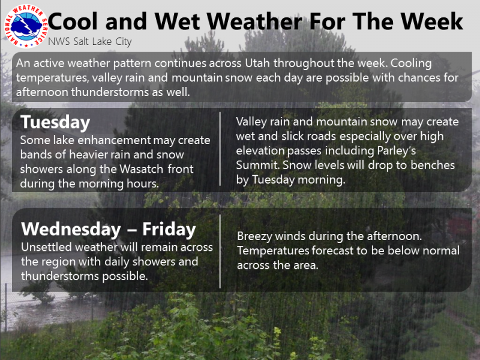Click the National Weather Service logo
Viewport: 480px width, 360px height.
pyautogui.click(x=26, y=26)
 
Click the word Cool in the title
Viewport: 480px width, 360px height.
pyautogui.click(x=73, y=22)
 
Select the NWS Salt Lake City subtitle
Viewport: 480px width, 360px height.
pyautogui.click(x=90, y=41)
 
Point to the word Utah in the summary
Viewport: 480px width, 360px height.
pyautogui.click(x=257, y=63)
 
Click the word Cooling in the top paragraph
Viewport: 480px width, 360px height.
pyautogui.click(x=411, y=64)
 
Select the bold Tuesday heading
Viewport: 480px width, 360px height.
pyautogui.click(x=55, y=122)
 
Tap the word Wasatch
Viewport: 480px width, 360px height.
pyautogui.click(x=141, y=169)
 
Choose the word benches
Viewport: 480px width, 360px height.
pyautogui.click(x=433, y=166)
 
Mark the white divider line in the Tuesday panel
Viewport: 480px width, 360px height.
pyautogui.click(x=220, y=149)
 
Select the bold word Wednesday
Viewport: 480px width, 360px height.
pyautogui.click(x=71, y=229)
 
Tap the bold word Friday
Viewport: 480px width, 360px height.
pyautogui.click(x=169, y=230)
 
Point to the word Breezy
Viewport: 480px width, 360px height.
pyautogui.click(x=255, y=236)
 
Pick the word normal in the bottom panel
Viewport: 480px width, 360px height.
pyautogui.click(x=441, y=251)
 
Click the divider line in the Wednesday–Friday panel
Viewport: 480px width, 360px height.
pyautogui.click(x=220, y=251)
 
